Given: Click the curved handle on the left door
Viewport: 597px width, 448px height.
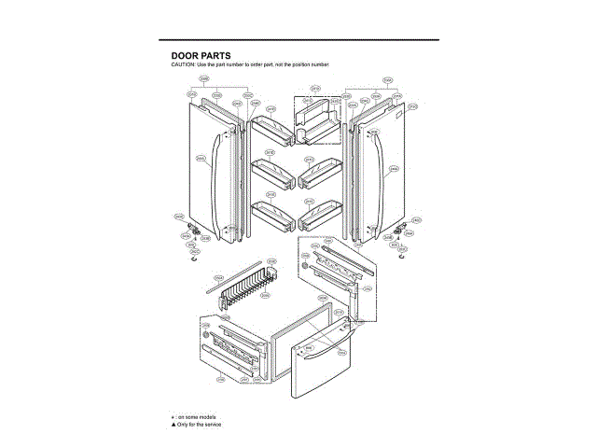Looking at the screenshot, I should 217,177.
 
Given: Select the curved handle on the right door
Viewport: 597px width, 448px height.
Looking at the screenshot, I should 383,177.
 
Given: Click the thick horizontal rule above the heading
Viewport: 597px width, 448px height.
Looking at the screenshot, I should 298,40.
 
